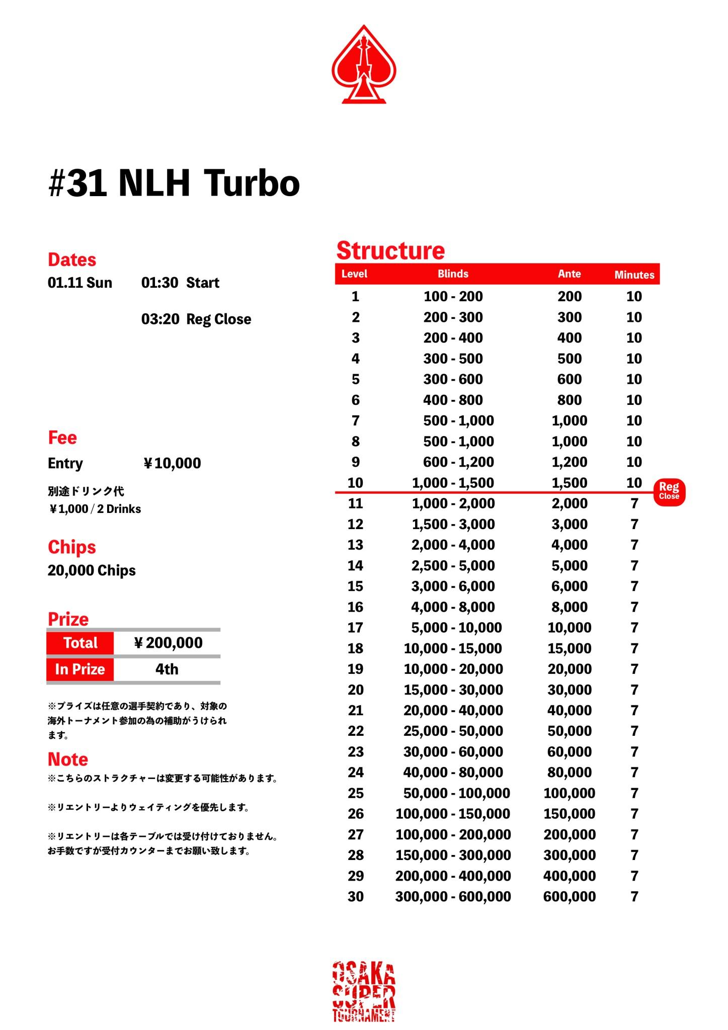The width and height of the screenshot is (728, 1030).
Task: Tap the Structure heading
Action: click(x=390, y=250)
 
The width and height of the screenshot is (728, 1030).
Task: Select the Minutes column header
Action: click(x=634, y=275)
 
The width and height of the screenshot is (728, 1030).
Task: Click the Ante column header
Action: click(x=569, y=274)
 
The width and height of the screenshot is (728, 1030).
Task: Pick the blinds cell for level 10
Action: click(x=453, y=483)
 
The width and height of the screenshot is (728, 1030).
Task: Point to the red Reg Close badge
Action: click(x=669, y=491)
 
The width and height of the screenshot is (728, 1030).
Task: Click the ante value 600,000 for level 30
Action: click(x=569, y=897)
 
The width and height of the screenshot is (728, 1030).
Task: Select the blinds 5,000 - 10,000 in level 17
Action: click(x=456, y=628)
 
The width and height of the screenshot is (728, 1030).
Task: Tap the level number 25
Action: click(x=355, y=793)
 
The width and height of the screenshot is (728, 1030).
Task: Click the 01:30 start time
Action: click(x=159, y=283)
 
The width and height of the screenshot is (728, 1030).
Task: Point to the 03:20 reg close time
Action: click(x=160, y=319)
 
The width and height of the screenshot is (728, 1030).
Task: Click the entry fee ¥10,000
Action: click(x=173, y=463)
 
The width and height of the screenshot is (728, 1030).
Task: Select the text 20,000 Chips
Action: click(x=92, y=570)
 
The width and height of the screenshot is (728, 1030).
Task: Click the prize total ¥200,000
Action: click(x=168, y=643)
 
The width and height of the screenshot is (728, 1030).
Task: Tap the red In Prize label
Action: click(x=80, y=669)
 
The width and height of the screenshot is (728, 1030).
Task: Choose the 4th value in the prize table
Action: click(x=167, y=669)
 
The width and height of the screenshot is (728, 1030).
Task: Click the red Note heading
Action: click(x=68, y=759)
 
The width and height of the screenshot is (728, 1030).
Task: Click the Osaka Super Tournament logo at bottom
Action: click(x=364, y=991)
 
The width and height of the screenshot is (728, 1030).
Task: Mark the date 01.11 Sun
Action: click(x=80, y=283)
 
